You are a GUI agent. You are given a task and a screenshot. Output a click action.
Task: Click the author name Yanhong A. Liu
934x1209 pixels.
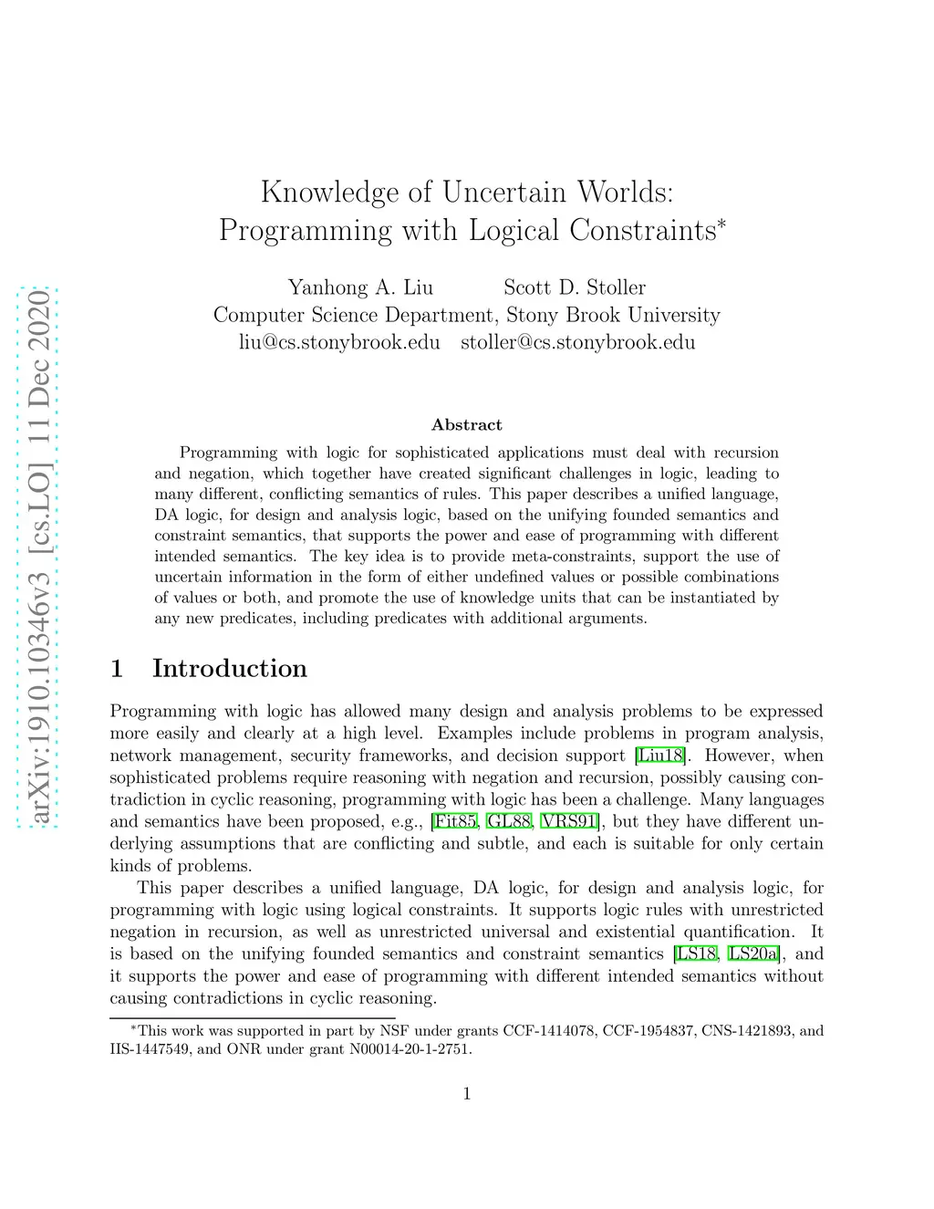[x=360, y=287]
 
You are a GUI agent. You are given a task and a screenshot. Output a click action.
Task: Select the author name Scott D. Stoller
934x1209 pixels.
[x=574, y=287]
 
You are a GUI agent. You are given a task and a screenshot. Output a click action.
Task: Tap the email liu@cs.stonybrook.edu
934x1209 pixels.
[x=339, y=342]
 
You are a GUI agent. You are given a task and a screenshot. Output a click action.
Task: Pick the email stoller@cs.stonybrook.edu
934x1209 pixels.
[x=577, y=342]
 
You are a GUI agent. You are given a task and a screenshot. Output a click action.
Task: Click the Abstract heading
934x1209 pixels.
[x=466, y=425]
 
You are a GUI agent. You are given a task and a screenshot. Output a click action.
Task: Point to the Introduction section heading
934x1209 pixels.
[x=229, y=669]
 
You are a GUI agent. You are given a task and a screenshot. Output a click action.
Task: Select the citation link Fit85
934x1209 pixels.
[x=455, y=821]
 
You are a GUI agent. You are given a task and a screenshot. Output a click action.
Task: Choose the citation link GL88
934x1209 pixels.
[x=508, y=821]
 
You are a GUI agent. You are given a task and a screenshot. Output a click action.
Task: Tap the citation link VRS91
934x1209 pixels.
[x=570, y=821]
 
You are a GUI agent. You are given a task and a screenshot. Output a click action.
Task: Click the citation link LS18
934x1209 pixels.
[x=696, y=954]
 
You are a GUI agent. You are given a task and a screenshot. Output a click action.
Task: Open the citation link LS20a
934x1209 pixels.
[x=754, y=954]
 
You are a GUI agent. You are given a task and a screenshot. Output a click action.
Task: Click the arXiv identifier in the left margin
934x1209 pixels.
[x=39, y=557]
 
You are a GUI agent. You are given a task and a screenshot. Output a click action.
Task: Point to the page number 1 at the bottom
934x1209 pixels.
[x=467, y=1094]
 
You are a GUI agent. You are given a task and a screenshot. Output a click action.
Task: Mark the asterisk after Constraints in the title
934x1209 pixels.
[x=721, y=222]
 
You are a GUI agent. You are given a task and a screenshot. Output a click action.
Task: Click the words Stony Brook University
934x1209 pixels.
[x=613, y=315]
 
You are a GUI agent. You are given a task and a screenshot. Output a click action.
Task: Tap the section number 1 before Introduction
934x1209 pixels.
[x=117, y=669]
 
